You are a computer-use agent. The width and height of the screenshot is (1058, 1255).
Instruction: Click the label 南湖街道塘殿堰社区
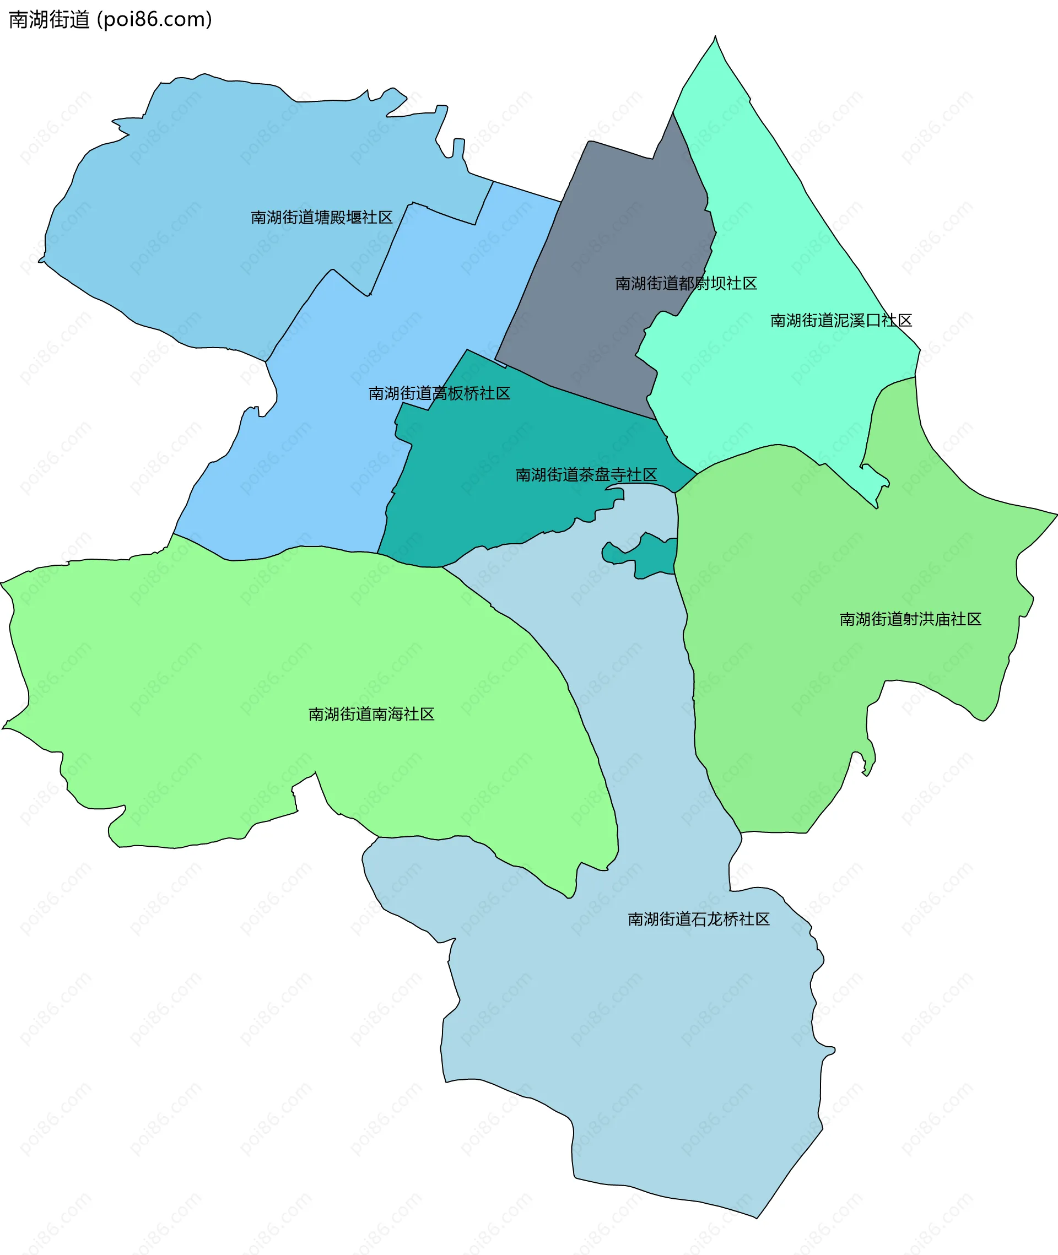(x=321, y=217)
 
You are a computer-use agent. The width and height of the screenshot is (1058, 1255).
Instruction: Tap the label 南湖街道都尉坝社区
(x=685, y=283)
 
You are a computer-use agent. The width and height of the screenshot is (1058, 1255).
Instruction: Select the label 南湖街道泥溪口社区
(x=841, y=320)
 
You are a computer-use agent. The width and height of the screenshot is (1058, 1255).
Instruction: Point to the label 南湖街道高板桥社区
(x=439, y=393)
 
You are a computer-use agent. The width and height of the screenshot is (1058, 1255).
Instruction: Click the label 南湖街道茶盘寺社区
(x=586, y=474)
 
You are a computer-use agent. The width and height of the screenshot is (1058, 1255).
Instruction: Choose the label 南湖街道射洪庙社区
(x=910, y=619)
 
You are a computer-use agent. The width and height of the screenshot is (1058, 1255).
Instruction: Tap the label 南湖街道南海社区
(x=371, y=713)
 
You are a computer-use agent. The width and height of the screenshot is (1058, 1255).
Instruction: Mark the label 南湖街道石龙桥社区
(x=698, y=919)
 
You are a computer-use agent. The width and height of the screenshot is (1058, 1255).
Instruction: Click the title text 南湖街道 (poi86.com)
(x=110, y=19)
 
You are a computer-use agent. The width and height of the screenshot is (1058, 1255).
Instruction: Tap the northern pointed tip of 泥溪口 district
(x=714, y=39)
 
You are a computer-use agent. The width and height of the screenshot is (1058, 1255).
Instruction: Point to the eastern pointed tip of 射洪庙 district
(x=1054, y=514)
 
